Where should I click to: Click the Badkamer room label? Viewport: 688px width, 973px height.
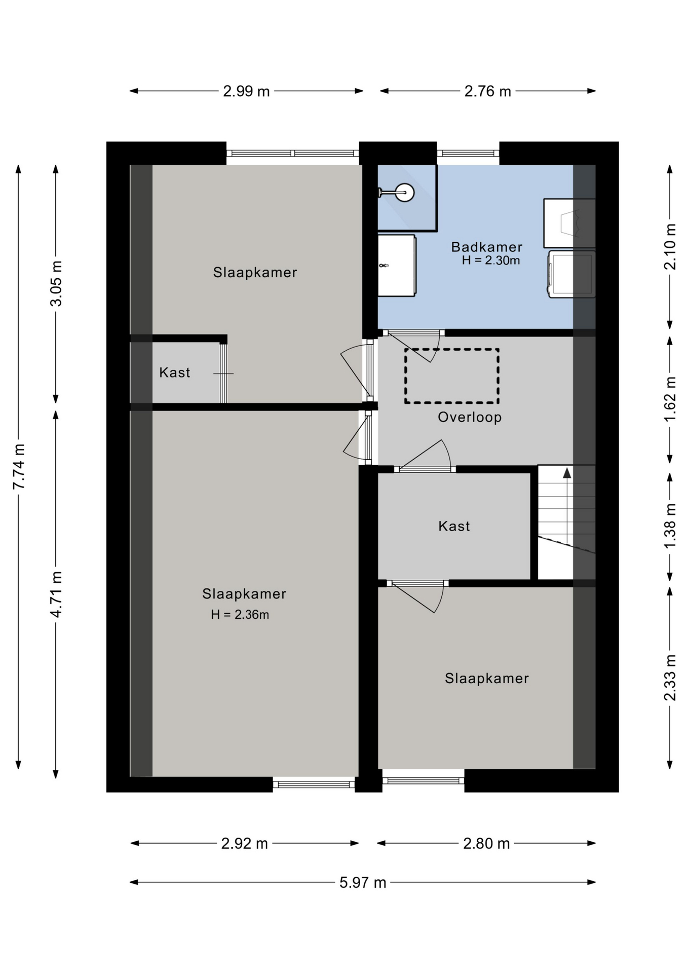[486, 247]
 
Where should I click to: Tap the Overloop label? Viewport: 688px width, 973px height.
[470, 417]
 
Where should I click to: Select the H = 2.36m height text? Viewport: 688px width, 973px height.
[240, 615]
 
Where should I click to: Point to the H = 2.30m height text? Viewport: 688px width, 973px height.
[491, 260]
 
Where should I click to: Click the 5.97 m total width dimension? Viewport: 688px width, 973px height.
[363, 883]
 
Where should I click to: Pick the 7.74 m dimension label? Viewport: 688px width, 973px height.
[19, 466]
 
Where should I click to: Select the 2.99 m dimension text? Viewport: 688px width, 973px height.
[246, 91]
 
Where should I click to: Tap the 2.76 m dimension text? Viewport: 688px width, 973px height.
[487, 91]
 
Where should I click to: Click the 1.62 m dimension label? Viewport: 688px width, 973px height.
[670, 399]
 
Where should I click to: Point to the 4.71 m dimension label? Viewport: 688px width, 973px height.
[56, 594]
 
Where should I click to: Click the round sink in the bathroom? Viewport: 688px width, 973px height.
[404, 193]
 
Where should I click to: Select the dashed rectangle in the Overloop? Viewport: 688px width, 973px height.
[451, 376]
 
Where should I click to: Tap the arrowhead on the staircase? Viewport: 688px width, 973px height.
[567, 473]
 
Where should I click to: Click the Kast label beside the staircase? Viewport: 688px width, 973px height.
[454, 526]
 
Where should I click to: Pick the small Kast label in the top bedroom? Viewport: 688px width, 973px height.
[174, 372]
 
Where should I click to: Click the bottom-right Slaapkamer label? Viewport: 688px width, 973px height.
[486, 678]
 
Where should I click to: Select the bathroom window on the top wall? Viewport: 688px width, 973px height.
[468, 153]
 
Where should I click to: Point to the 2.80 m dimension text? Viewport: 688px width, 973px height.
[486, 843]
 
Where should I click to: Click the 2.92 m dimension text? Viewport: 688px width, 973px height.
[244, 843]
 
